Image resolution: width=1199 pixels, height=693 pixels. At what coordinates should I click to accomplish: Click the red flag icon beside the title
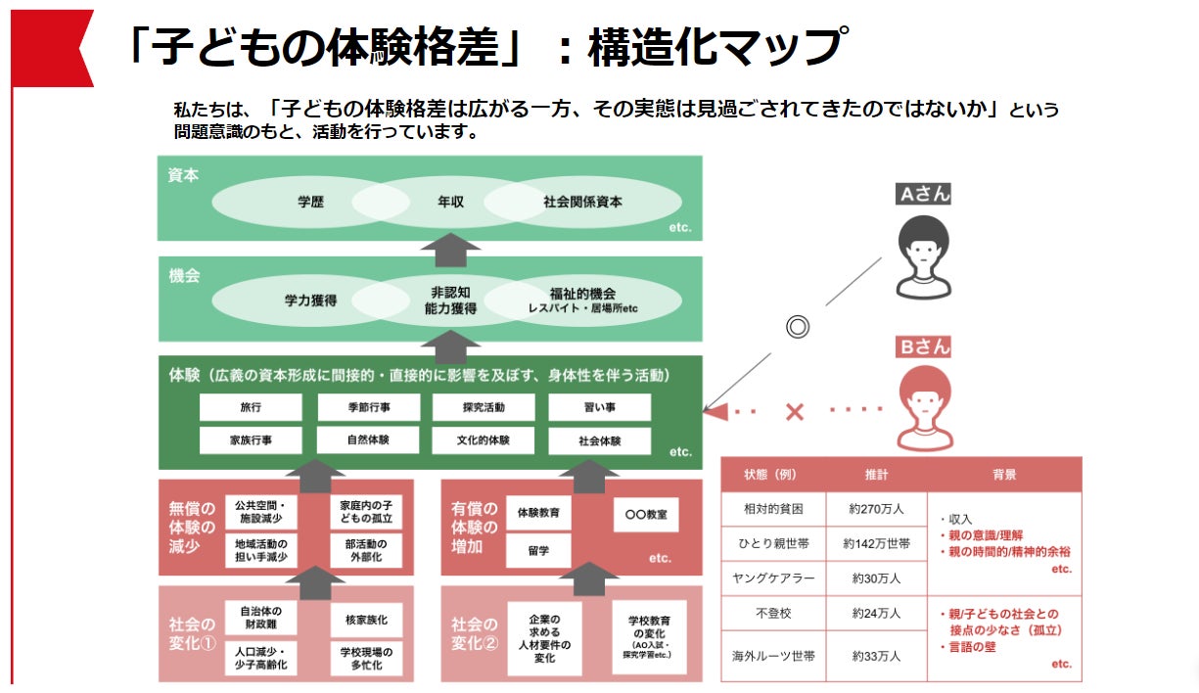[x=51, y=47]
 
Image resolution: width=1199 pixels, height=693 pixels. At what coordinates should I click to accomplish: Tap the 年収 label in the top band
[x=450, y=203]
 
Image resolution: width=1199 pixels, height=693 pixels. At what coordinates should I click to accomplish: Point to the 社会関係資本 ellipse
[x=582, y=203]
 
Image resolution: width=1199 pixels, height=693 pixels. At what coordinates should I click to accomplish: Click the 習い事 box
[x=599, y=407]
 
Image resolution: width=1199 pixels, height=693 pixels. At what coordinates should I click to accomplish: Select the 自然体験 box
[x=368, y=440]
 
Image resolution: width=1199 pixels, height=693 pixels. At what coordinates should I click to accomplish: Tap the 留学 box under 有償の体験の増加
[x=537, y=550]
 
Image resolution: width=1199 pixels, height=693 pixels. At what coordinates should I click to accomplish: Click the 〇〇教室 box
[x=645, y=515]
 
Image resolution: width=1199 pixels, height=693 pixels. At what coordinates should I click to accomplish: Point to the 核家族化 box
[x=367, y=620]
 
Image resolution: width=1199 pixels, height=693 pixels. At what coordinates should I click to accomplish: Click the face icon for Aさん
[x=923, y=255]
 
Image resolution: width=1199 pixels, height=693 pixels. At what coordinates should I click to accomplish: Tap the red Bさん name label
[x=924, y=347]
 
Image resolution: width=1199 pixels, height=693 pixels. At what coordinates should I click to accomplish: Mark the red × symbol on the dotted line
[x=795, y=412]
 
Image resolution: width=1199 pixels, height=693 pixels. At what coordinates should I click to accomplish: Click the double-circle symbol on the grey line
[x=798, y=328]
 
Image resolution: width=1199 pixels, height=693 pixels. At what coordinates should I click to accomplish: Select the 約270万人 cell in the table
[x=876, y=509]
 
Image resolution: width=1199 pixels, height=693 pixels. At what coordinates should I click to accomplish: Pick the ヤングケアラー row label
[x=773, y=577]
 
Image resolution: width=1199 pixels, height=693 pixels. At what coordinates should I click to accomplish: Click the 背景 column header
[x=1003, y=474]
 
